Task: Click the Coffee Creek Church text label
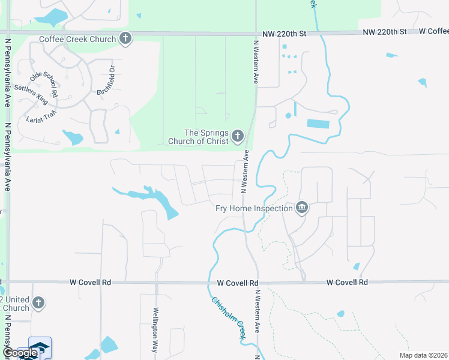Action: coord(77,40)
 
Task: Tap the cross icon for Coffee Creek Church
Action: coord(125,39)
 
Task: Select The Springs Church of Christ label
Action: coord(206,137)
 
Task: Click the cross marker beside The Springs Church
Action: coord(238,137)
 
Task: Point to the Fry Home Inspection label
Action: coord(254,209)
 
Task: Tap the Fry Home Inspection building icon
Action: coord(301,208)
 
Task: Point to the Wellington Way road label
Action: coord(155,329)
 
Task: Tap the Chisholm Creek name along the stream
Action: coord(228,318)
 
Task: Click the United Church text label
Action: coord(14,304)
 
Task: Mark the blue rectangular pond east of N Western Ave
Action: coord(318,124)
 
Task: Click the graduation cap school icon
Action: coord(40,349)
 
